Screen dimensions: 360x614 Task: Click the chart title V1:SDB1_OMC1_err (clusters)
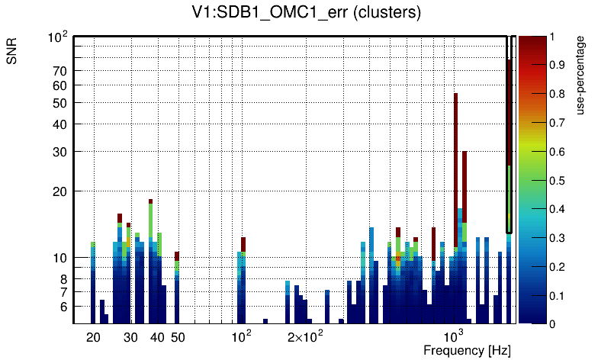(x=307, y=13)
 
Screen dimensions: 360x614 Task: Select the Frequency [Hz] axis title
(x=467, y=350)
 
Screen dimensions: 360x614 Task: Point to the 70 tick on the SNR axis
(x=60, y=71)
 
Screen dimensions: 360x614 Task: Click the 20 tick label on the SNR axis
(x=60, y=191)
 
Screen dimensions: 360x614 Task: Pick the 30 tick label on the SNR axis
(x=60, y=151)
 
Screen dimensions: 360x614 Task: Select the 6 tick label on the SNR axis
(x=64, y=307)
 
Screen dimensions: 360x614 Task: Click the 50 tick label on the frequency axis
(x=178, y=337)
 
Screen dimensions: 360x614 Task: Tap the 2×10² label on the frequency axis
(x=304, y=337)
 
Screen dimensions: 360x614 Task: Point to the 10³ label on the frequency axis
(x=454, y=336)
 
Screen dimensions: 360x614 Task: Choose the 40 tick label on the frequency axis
(x=157, y=337)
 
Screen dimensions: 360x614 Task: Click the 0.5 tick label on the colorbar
(x=558, y=181)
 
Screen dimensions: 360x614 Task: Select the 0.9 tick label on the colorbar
(x=558, y=66)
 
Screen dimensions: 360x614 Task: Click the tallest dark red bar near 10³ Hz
(x=455, y=168)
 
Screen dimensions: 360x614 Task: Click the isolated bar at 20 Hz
(x=93, y=282)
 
